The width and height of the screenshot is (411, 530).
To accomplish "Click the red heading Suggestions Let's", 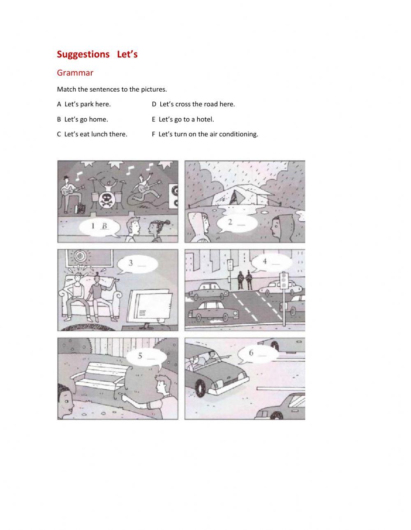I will coord(97,54).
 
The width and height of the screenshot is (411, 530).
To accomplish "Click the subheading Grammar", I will coord(75,73).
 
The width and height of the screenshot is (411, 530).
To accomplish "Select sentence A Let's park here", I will coord(84,104).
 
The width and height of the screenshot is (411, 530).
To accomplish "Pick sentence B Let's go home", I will coord(82,119).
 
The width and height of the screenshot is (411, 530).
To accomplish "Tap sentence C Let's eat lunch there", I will coord(92,134).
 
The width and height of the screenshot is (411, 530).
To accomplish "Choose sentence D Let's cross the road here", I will coord(193,104).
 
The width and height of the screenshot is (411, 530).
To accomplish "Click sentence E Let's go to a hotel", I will coord(183,119).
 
